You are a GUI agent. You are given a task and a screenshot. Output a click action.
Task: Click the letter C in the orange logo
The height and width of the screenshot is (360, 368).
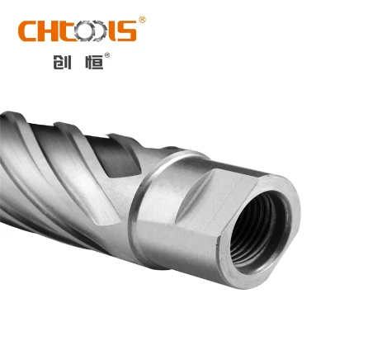point(27,31)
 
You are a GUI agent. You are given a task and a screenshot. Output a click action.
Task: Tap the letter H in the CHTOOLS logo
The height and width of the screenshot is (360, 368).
point(48,31)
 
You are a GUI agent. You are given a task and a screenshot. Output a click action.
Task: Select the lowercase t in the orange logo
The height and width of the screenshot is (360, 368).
point(66,31)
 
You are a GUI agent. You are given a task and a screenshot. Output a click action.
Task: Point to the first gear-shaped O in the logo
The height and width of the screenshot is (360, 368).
point(84,31)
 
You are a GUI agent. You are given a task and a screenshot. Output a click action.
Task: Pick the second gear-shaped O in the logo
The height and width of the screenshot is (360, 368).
point(100,31)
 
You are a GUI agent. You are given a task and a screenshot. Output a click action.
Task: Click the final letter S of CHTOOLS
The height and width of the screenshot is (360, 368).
point(127,31)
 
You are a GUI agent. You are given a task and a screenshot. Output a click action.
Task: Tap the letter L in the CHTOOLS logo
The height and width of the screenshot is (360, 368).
point(112,31)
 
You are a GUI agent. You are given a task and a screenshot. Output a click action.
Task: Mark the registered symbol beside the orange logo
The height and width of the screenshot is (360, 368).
point(142,20)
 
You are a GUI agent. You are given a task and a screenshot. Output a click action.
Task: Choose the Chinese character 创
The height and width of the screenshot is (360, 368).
point(62,61)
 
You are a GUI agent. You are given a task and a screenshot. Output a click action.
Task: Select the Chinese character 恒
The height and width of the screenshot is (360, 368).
point(94,61)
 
